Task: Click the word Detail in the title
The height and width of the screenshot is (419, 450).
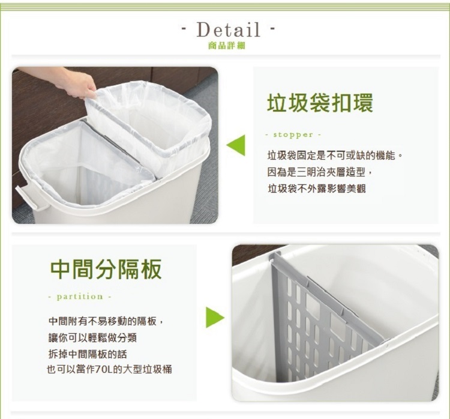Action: click(x=229, y=29)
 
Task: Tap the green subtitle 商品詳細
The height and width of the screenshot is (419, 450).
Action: click(x=227, y=46)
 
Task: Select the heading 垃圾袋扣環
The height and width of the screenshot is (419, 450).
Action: click(x=320, y=103)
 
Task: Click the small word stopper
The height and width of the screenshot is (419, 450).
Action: click(x=293, y=134)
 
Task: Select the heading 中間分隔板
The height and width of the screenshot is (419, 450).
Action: click(x=106, y=269)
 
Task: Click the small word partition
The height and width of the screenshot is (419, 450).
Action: click(x=80, y=297)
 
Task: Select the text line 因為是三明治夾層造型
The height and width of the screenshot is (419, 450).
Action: click(x=320, y=172)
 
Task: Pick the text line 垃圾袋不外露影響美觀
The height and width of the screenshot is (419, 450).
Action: click(x=317, y=188)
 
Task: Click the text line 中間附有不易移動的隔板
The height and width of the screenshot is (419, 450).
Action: click(x=106, y=321)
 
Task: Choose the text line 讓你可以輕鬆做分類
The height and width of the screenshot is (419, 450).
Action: click(x=92, y=338)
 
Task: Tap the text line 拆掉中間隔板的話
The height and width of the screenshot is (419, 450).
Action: click(x=88, y=354)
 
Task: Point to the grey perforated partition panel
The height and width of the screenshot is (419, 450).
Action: click(x=324, y=322)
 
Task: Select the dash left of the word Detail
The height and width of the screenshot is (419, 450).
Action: click(x=185, y=29)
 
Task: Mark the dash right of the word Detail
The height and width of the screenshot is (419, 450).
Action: click(x=272, y=29)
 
